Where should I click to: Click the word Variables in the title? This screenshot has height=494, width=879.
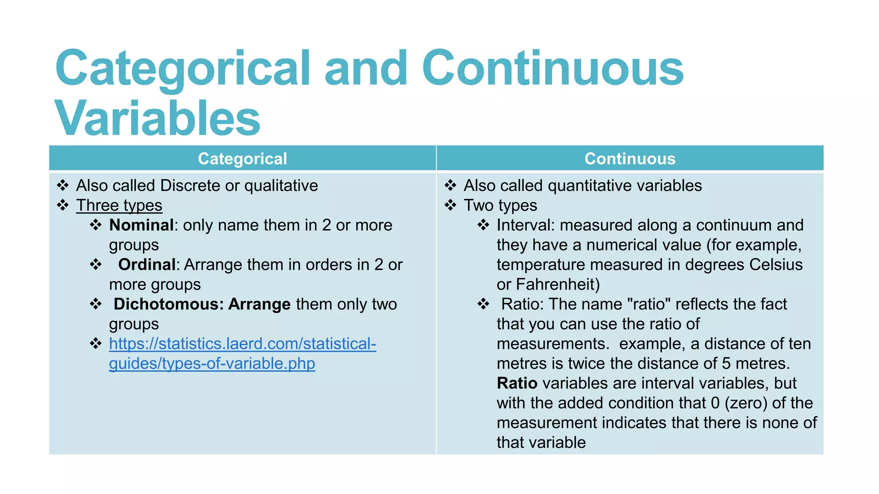tap(157, 118)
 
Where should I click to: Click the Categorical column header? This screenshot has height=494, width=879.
tap(242, 159)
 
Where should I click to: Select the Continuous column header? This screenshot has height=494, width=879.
tap(630, 159)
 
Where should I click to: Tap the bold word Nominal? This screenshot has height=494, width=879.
tap(141, 225)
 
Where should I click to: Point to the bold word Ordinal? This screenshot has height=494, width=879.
tap(147, 265)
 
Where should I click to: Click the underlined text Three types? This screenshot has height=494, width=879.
tap(119, 205)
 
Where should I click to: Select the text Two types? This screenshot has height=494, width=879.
tap(500, 205)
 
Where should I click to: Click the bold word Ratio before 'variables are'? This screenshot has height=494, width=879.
tap(517, 383)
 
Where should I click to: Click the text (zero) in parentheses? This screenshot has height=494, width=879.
tap(746, 403)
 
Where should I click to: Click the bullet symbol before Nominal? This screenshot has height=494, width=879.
tap(96, 225)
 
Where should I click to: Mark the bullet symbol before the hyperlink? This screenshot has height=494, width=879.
tap(96, 343)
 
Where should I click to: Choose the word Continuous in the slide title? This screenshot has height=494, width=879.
tap(553, 69)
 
